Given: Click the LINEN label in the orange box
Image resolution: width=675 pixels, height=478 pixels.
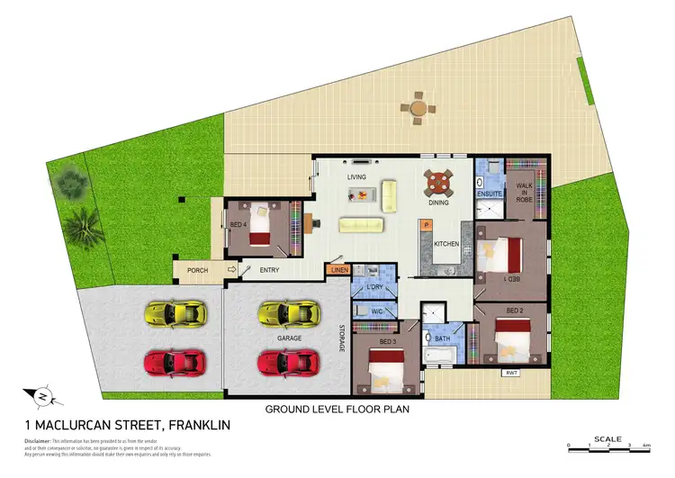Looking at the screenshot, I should (338, 270).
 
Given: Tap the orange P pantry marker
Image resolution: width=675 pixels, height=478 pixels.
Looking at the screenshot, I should (425, 225).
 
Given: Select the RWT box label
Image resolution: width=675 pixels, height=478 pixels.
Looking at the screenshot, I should (511, 371).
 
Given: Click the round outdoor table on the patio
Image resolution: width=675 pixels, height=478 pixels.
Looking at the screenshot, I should (418, 108).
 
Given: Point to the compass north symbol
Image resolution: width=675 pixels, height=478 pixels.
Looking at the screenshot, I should (42, 395).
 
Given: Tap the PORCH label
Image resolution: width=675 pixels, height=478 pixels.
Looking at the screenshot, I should (197, 270).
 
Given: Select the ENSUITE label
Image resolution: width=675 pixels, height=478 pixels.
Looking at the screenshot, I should (490, 194).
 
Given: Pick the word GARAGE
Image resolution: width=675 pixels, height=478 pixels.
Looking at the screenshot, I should (289, 338).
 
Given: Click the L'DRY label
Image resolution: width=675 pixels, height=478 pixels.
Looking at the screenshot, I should (375, 287).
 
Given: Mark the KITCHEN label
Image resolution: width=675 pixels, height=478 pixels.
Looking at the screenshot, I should (447, 244).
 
